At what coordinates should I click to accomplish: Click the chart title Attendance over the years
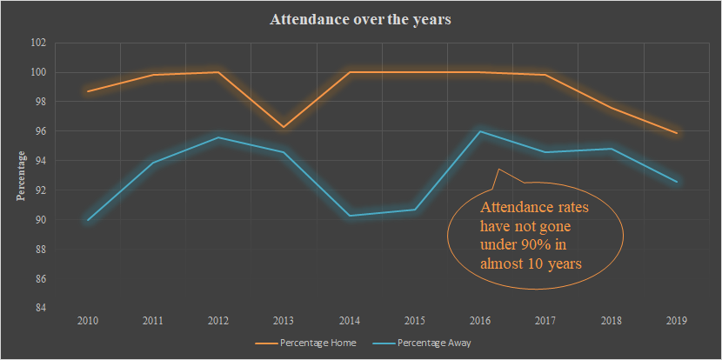tap(360, 20)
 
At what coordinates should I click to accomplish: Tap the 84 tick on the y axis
tap(40, 308)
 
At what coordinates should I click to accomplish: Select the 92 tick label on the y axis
tap(40, 190)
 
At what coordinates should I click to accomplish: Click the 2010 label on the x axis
tap(87, 321)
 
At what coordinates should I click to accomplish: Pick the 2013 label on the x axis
tap(284, 321)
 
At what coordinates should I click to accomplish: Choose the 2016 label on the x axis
tap(480, 321)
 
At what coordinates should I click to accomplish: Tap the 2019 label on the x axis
tap(677, 321)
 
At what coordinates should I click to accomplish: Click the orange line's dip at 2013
tap(284, 127)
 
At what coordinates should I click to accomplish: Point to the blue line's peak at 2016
tap(480, 131)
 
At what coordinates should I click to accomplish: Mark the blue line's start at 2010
tap(88, 220)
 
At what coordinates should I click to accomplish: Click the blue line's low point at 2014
tap(350, 216)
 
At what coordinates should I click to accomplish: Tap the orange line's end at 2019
tap(677, 133)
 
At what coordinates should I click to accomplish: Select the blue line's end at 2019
tap(677, 182)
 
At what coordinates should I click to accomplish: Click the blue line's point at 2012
tap(218, 137)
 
